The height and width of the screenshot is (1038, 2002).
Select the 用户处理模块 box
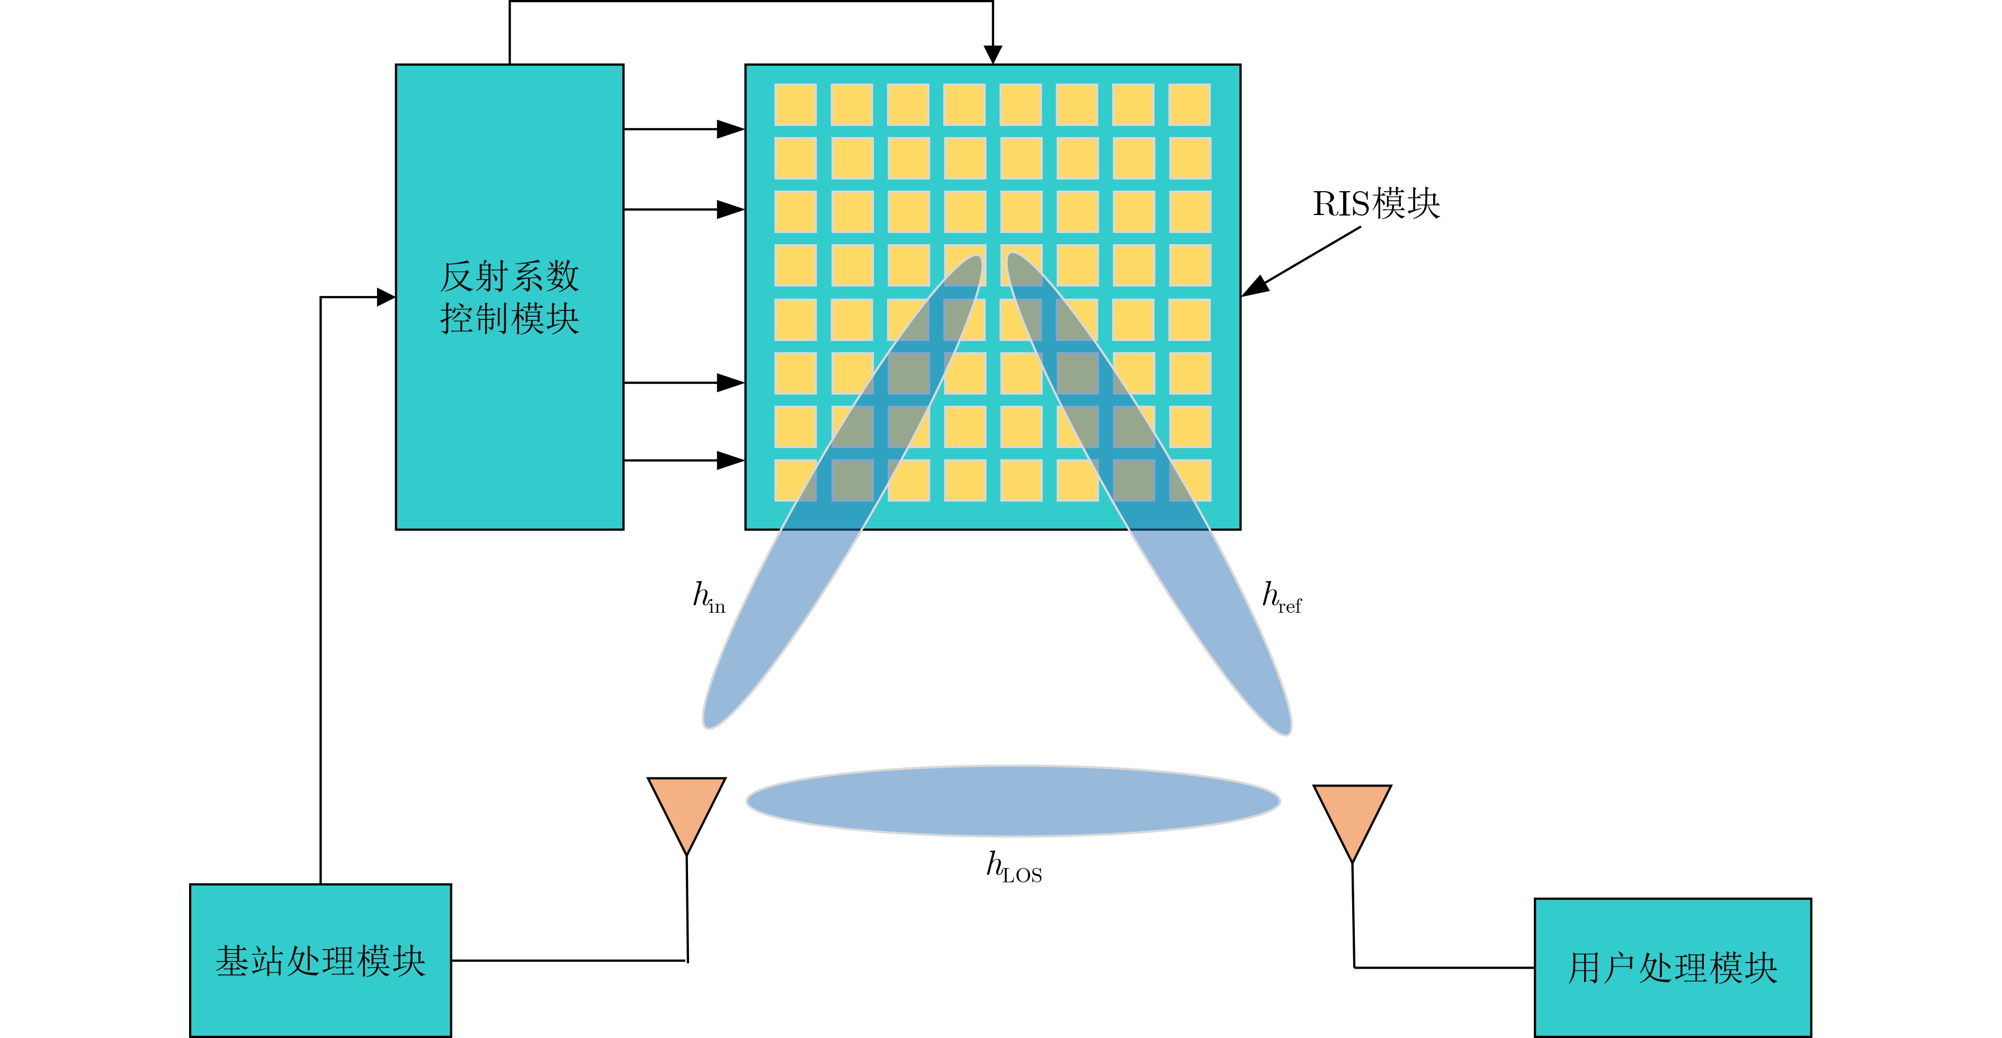point(1673,967)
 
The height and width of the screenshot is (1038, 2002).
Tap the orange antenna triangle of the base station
point(687,808)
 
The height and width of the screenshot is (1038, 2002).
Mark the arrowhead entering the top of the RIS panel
point(993,55)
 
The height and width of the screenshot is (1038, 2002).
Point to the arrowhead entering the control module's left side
point(386,297)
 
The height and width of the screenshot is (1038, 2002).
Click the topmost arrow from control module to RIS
point(684,129)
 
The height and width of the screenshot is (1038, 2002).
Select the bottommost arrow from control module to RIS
point(684,461)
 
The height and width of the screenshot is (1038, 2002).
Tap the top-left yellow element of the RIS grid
point(795,104)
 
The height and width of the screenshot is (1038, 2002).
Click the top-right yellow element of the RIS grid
point(1189,104)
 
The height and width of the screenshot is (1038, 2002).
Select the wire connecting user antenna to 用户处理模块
point(1444,967)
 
